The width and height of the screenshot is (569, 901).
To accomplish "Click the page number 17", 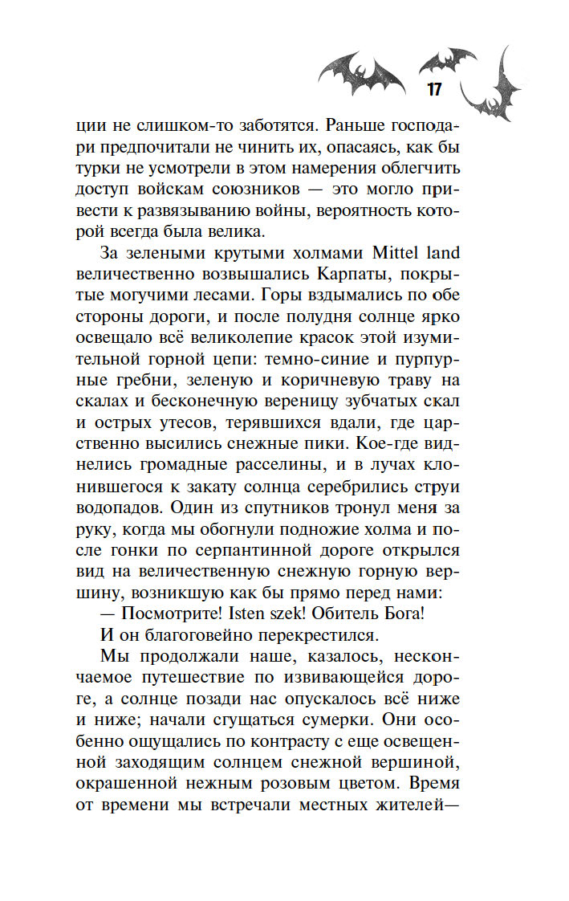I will point(433,88).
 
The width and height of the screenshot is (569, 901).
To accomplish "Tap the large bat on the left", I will point(361,73).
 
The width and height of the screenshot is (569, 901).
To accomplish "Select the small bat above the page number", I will point(447,59).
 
